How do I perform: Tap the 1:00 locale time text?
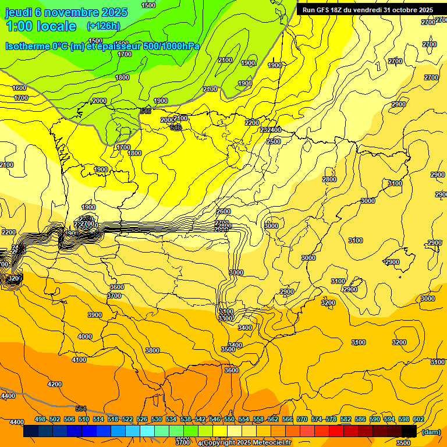[41, 26]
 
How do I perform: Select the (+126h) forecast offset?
[103, 26]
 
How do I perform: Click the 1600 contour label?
[20, 88]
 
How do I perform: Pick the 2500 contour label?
[273, 141]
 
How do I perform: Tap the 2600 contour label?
[223, 211]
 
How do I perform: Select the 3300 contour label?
[226, 318]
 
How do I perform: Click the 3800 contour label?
[152, 350]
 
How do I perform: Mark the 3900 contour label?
[94, 315]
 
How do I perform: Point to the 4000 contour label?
[85, 336]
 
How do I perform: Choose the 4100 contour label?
[79, 360]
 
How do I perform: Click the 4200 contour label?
[55, 384]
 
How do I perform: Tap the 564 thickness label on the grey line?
[80, 409]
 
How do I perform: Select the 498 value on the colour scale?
[40, 419]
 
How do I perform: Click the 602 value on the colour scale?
[417, 419]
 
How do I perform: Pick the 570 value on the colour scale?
[302, 419]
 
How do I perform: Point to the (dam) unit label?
[431, 432]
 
